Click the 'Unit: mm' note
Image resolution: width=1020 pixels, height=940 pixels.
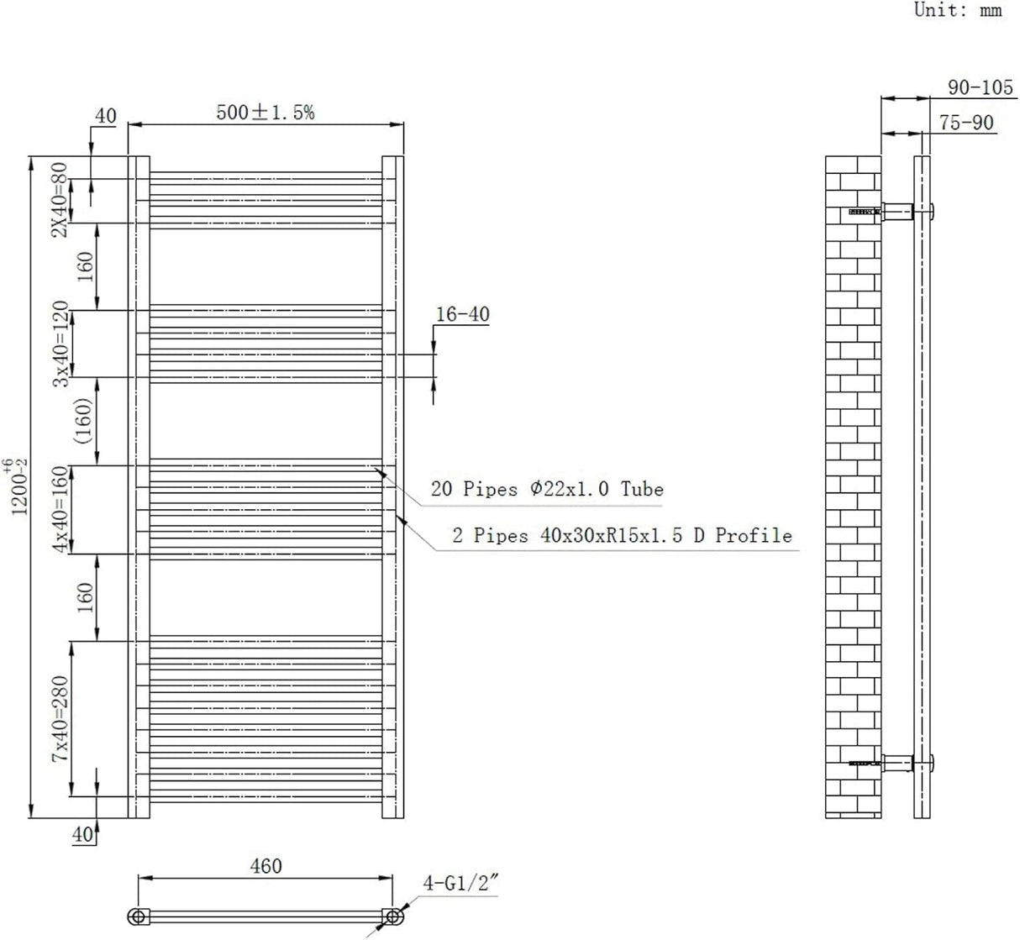tap(958, 11)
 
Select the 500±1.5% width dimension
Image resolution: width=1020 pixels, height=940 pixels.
tap(266, 113)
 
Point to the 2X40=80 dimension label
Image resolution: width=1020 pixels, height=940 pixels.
tap(59, 200)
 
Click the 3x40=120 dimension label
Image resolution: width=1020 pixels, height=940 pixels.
tap(60, 344)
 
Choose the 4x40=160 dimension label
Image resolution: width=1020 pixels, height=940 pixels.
tap(60, 510)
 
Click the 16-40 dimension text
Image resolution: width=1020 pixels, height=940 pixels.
tap(462, 314)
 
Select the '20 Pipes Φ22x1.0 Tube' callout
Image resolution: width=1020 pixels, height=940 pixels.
tap(547, 489)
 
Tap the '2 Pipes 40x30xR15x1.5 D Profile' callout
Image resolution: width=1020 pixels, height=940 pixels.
tap(622, 535)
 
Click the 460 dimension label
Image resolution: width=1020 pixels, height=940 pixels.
tap(266, 865)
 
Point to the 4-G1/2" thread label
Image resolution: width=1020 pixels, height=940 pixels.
tap(462, 884)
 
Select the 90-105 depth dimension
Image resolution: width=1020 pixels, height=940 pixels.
tap(981, 87)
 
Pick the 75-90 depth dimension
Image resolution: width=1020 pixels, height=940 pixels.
tap(966, 123)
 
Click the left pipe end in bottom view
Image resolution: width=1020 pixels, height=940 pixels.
tap(137, 916)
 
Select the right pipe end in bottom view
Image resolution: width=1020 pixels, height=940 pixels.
tap(392, 916)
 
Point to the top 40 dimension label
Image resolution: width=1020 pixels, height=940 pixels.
tap(105, 116)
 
